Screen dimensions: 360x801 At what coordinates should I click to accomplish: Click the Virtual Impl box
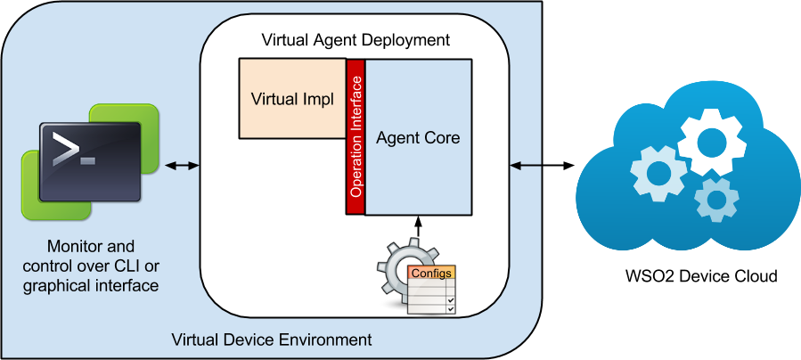[x=292, y=99]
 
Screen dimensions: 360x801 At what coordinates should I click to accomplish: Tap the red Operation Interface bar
[x=356, y=137]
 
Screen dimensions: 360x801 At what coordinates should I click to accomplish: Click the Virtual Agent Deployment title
[x=355, y=40]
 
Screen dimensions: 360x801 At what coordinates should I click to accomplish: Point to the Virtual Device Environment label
[x=271, y=340]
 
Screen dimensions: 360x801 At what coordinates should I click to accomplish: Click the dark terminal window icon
[x=90, y=161]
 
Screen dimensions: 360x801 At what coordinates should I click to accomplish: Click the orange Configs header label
[x=430, y=273]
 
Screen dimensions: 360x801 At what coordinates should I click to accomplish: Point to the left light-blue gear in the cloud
[x=658, y=172]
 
